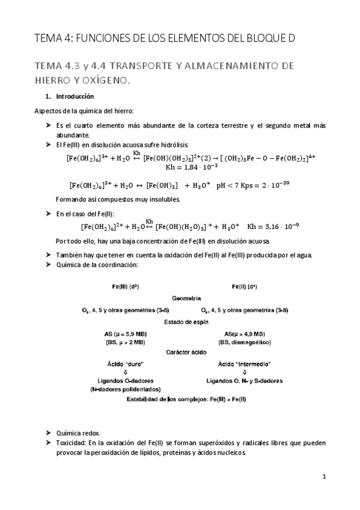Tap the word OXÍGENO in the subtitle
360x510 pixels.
point(107,79)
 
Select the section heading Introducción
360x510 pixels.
point(75,96)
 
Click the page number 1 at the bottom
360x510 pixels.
point(323,477)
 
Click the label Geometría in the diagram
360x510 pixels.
point(186,298)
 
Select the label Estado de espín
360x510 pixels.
point(186,322)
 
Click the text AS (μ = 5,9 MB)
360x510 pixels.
point(126,334)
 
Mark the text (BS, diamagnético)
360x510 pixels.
point(245,342)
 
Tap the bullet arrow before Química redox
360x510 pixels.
point(49,433)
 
